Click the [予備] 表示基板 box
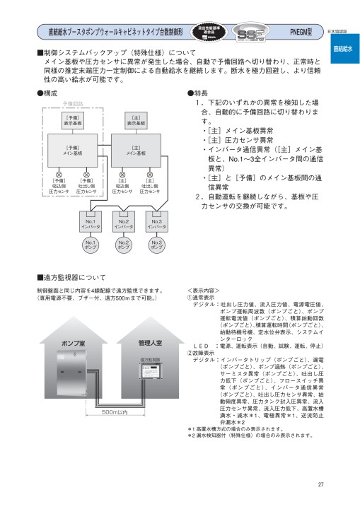tap(73, 122)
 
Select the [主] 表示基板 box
tap(136, 122)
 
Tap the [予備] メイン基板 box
tap(73, 151)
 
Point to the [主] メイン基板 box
tap(136, 151)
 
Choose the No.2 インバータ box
tap(124, 224)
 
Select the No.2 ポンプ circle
tap(124, 245)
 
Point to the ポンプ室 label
tap(74, 342)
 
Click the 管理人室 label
tap(149, 342)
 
